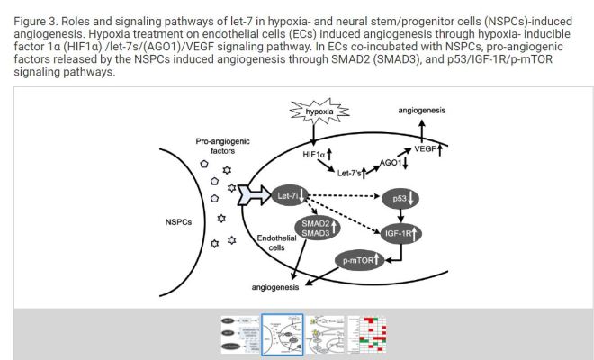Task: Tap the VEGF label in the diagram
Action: (426, 148)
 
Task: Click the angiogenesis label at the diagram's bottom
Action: (282, 287)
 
